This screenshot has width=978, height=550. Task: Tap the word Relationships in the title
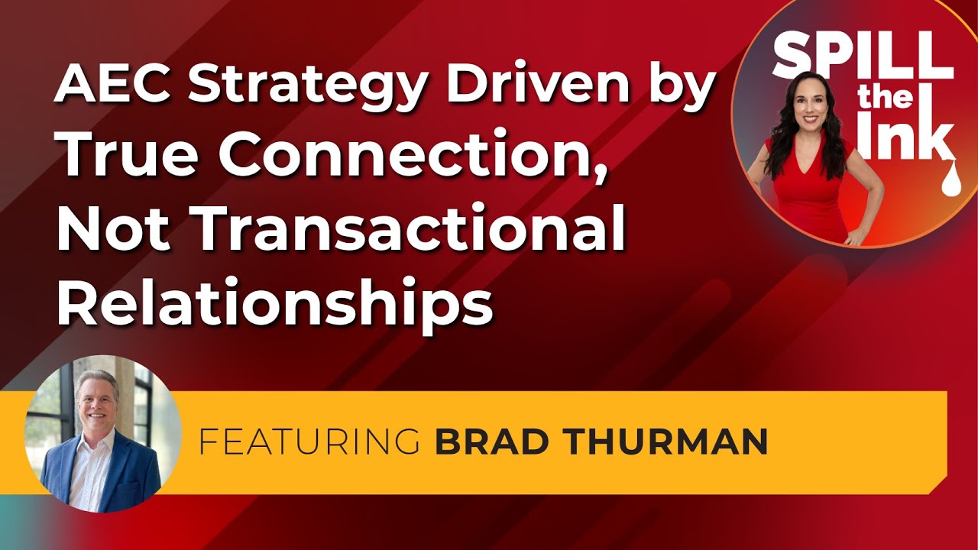(275, 301)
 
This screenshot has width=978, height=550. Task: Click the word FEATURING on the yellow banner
(309, 442)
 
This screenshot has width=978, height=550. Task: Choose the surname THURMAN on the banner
(662, 442)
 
